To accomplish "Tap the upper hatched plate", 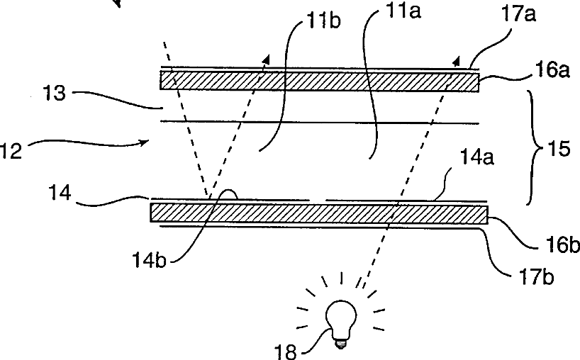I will tap(320, 80).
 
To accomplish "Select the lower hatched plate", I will tap(319, 213).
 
